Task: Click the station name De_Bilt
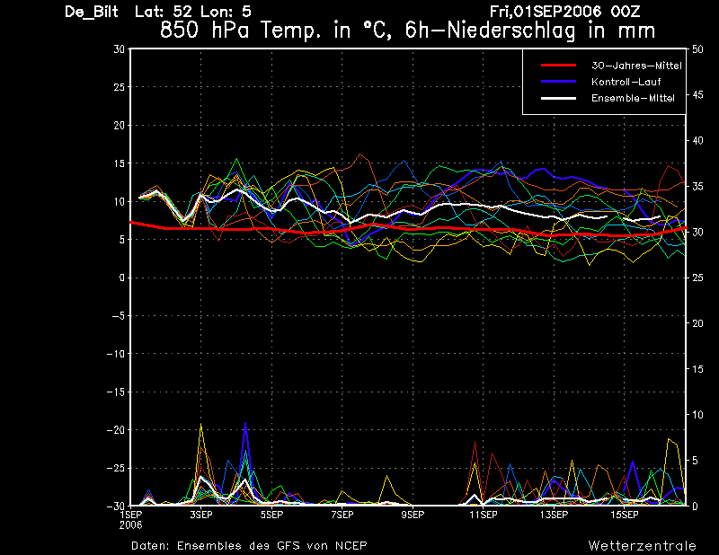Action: pyautogui.click(x=92, y=12)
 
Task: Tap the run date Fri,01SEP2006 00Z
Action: pyautogui.click(x=564, y=12)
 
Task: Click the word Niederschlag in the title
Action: pyautogui.click(x=510, y=31)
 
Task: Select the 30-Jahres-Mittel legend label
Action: pyautogui.click(x=636, y=66)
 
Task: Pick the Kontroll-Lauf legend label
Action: pyautogui.click(x=626, y=82)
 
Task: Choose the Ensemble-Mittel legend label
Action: pyautogui.click(x=633, y=98)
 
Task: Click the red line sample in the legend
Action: pyautogui.click(x=558, y=66)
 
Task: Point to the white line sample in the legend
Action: pyautogui.click(x=558, y=98)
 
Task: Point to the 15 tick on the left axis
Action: pyautogui.click(x=119, y=163)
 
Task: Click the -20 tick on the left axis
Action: pyautogui.click(x=116, y=430)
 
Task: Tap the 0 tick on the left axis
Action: pyautogui.click(x=122, y=277)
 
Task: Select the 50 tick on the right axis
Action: pyautogui.click(x=697, y=49)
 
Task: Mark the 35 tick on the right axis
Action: pyautogui.click(x=697, y=187)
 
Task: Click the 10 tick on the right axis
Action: pyautogui.click(x=697, y=415)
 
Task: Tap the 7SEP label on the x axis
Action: pyautogui.click(x=342, y=515)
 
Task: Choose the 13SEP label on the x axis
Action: pyautogui.click(x=554, y=515)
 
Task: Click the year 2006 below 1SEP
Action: pyautogui.click(x=130, y=525)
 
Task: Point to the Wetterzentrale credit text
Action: pyautogui.click(x=642, y=546)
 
